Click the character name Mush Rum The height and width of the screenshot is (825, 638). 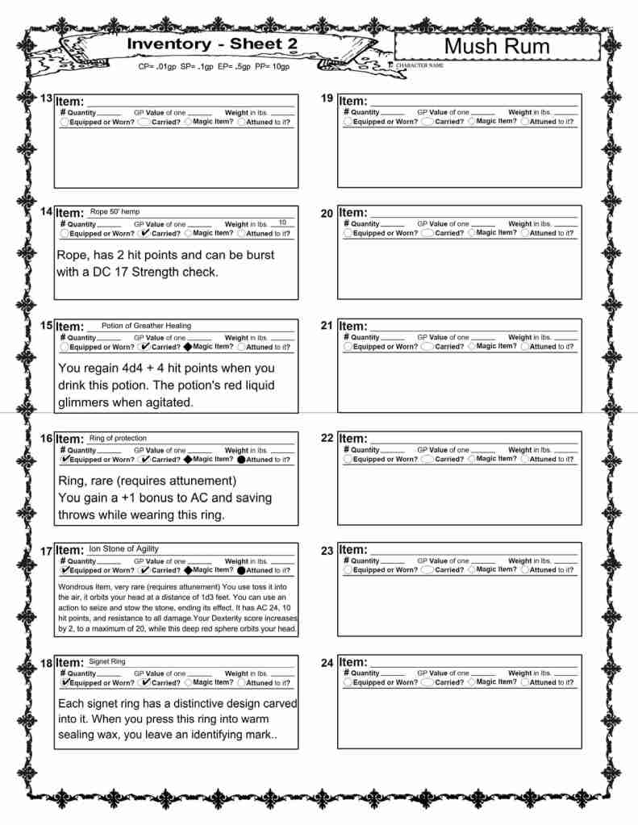497,47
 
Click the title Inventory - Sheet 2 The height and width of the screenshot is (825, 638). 206,44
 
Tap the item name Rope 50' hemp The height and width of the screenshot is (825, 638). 115,212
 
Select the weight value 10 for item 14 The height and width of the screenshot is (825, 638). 282,223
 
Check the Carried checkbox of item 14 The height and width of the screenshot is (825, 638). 144,233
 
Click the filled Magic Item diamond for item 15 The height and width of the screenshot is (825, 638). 188,347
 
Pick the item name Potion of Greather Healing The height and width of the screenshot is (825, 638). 146,326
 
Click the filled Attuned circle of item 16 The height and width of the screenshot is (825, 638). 241,460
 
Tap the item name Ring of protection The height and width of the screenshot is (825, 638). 118,438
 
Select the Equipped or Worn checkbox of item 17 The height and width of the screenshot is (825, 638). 65,570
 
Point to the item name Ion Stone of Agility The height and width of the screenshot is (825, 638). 123,548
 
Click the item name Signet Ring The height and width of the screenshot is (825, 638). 106,661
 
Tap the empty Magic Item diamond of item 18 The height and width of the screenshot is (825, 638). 188,682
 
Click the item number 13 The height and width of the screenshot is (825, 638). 47,98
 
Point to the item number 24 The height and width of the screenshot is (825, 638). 327,663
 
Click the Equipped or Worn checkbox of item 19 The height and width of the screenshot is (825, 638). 348,122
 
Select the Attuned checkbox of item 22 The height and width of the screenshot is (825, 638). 524,460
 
